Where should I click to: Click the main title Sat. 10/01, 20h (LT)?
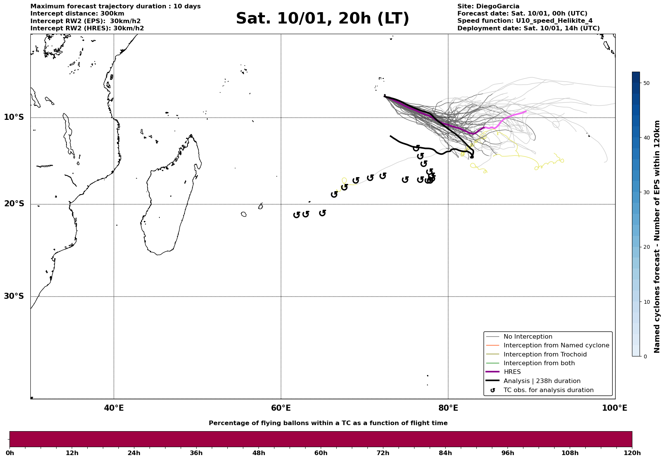pos(322,19)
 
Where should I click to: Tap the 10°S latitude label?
pos(14,117)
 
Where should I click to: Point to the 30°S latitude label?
pos(14,296)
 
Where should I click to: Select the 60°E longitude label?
pos(281,408)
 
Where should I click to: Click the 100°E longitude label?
pos(615,408)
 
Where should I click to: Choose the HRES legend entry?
pos(512,372)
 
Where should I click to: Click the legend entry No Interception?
pos(528,337)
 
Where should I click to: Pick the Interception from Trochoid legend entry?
pos(545,355)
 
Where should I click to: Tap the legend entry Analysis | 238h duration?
pos(542,381)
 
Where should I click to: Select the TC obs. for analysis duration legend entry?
pos(548,390)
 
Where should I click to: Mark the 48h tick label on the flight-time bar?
pos(258,453)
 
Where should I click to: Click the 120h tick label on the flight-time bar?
pos(632,453)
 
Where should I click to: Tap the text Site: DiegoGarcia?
pos(488,6)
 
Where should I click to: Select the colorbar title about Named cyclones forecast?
pos(657,237)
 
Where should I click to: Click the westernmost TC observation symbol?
pos(297,215)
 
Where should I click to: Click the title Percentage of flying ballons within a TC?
pos(328,423)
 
